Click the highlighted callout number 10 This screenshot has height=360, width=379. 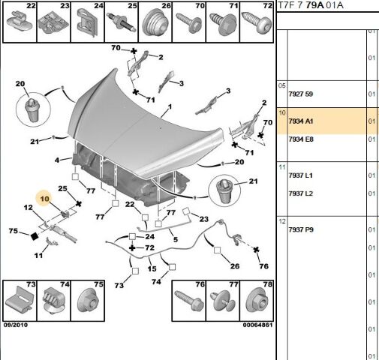click(44, 199)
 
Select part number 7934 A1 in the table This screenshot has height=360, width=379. click(301, 121)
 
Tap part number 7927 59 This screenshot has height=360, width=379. click(301, 94)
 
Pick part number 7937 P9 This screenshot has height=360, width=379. click(301, 229)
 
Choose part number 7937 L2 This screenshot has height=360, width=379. click(301, 193)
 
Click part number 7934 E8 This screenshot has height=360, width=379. click(301, 139)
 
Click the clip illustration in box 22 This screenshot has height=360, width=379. click(20, 22)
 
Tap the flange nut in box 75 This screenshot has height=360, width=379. click(88, 301)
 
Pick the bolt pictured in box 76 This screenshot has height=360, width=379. click(188, 300)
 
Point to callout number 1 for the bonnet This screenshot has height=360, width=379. click(170, 107)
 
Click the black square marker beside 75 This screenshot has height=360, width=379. click(35, 236)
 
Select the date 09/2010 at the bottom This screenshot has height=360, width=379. click(16, 325)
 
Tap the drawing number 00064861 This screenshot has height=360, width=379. click(257, 325)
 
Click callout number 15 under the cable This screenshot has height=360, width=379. click(152, 269)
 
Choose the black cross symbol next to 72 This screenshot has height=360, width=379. click(132, 247)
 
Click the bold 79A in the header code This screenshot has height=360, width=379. click(314, 5)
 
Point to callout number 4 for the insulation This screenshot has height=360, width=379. click(57, 160)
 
